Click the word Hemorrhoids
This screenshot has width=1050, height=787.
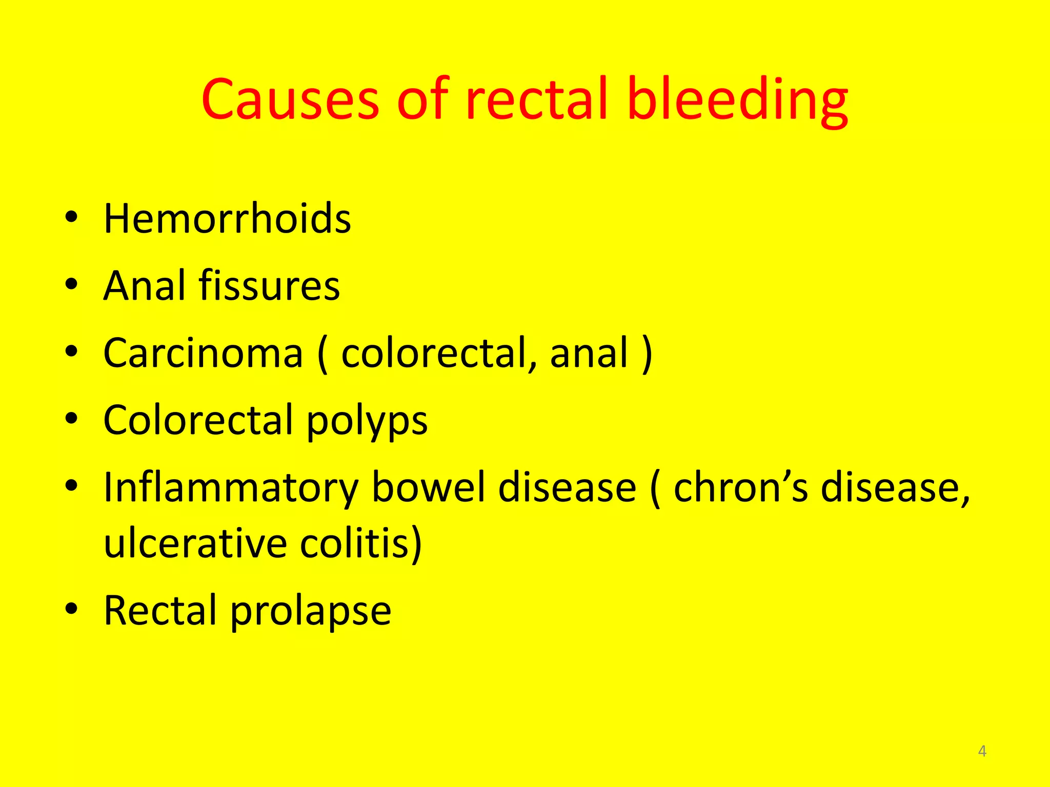click(227, 219)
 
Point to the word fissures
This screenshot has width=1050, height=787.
click(269, 285)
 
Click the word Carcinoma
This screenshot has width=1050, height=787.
click(203, 353)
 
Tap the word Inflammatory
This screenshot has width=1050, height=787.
click(230, 488)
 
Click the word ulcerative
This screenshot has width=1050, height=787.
click(195, 544)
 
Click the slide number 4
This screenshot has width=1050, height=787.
click(982, 751)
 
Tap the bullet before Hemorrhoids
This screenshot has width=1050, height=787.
click(72, 217)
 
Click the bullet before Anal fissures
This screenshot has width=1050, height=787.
click(72, 284)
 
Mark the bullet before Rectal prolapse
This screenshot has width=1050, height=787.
click(72, 609)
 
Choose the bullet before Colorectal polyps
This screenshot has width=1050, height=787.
click(72, 419)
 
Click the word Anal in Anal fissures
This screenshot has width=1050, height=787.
click(144, 285)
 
